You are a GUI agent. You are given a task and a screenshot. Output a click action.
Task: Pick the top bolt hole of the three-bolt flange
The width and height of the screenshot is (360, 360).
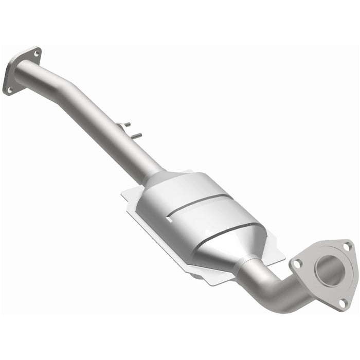346,246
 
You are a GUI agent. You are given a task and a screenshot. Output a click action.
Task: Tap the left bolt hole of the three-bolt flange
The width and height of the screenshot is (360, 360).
297,264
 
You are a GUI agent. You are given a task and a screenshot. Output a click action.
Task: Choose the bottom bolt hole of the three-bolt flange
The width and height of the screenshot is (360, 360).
342,303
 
